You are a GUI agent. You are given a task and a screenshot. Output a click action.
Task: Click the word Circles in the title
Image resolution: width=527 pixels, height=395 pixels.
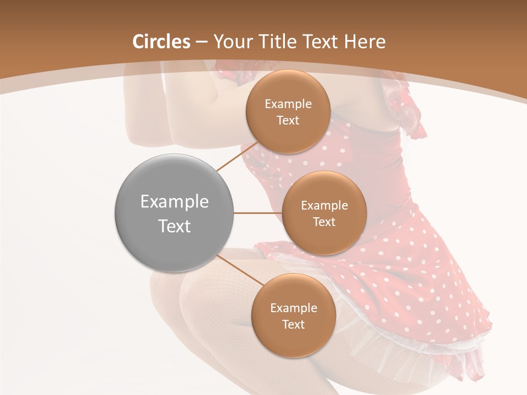point(161,42)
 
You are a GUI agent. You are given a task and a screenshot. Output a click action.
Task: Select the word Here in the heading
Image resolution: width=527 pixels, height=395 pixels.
point(365,42)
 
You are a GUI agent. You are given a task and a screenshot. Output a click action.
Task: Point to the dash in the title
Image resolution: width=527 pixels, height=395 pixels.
point(201,42)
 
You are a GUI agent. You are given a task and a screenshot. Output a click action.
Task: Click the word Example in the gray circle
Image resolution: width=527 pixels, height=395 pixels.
point(174,202)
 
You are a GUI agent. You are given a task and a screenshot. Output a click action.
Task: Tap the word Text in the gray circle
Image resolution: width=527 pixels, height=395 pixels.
point(174,226)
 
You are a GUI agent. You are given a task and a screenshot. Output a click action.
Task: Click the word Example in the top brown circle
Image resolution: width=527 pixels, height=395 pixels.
point(288,104)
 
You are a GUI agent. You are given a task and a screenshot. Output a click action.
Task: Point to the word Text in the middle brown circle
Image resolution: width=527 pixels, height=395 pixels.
point(324,222)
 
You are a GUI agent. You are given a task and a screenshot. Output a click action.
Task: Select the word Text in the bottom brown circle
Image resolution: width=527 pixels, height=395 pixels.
point(293,324)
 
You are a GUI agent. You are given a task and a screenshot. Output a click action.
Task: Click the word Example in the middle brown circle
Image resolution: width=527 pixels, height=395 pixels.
point(324,206)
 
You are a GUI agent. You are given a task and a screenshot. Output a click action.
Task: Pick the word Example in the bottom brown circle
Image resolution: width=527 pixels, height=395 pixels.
point(293,308)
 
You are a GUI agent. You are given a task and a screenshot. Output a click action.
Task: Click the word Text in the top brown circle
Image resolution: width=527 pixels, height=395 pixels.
point(288,120)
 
